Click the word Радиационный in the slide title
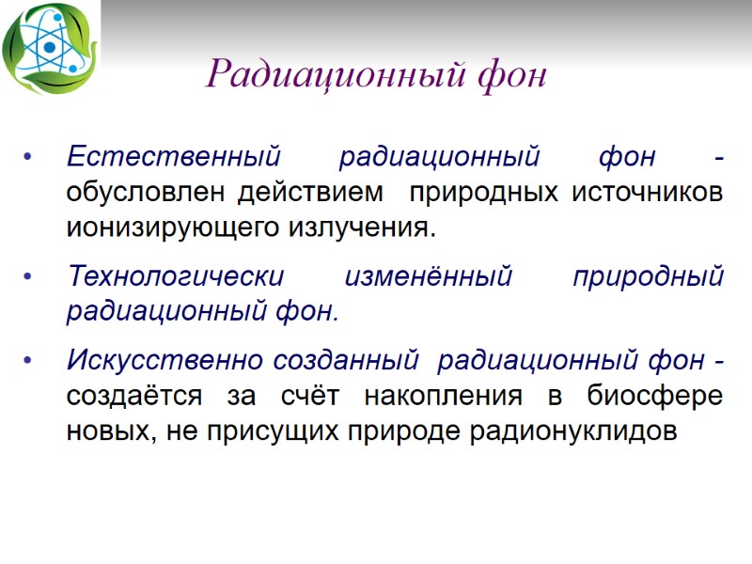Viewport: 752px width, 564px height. [333, 73]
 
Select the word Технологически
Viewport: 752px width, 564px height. [176, 277]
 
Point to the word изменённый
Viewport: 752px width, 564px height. [429, 277]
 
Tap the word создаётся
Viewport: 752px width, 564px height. [133, 396]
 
